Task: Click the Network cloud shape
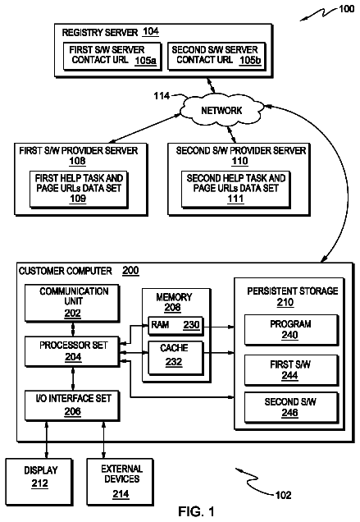click(x=221, y=110)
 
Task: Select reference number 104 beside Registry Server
click(x=151, y=32)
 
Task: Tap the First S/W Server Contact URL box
click(x=112, y=57)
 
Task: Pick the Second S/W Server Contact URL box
click(x=217, y=57)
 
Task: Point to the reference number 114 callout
click(x=162, y=96)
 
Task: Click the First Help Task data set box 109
click(x=79, y=190)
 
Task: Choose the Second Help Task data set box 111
click(x=236, y=190)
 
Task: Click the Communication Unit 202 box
click(x=72, y=304)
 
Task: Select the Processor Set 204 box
click(x=72, y=352)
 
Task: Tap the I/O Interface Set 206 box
click(x=72, y=405)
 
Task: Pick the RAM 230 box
click(x=175, y=325)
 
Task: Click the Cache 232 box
click(x=175, y=358)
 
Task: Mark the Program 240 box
click(x=291, y=330)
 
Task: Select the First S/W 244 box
click(x=291, y=370)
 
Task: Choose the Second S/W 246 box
click(x=291, y=407)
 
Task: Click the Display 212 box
click(x=39, y=482)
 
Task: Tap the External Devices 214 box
click(x=120, y=482)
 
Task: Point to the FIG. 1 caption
click(x=196, y=511)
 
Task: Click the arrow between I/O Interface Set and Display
click(x=47, y=439)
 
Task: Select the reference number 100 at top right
click(x=346, y=9)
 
